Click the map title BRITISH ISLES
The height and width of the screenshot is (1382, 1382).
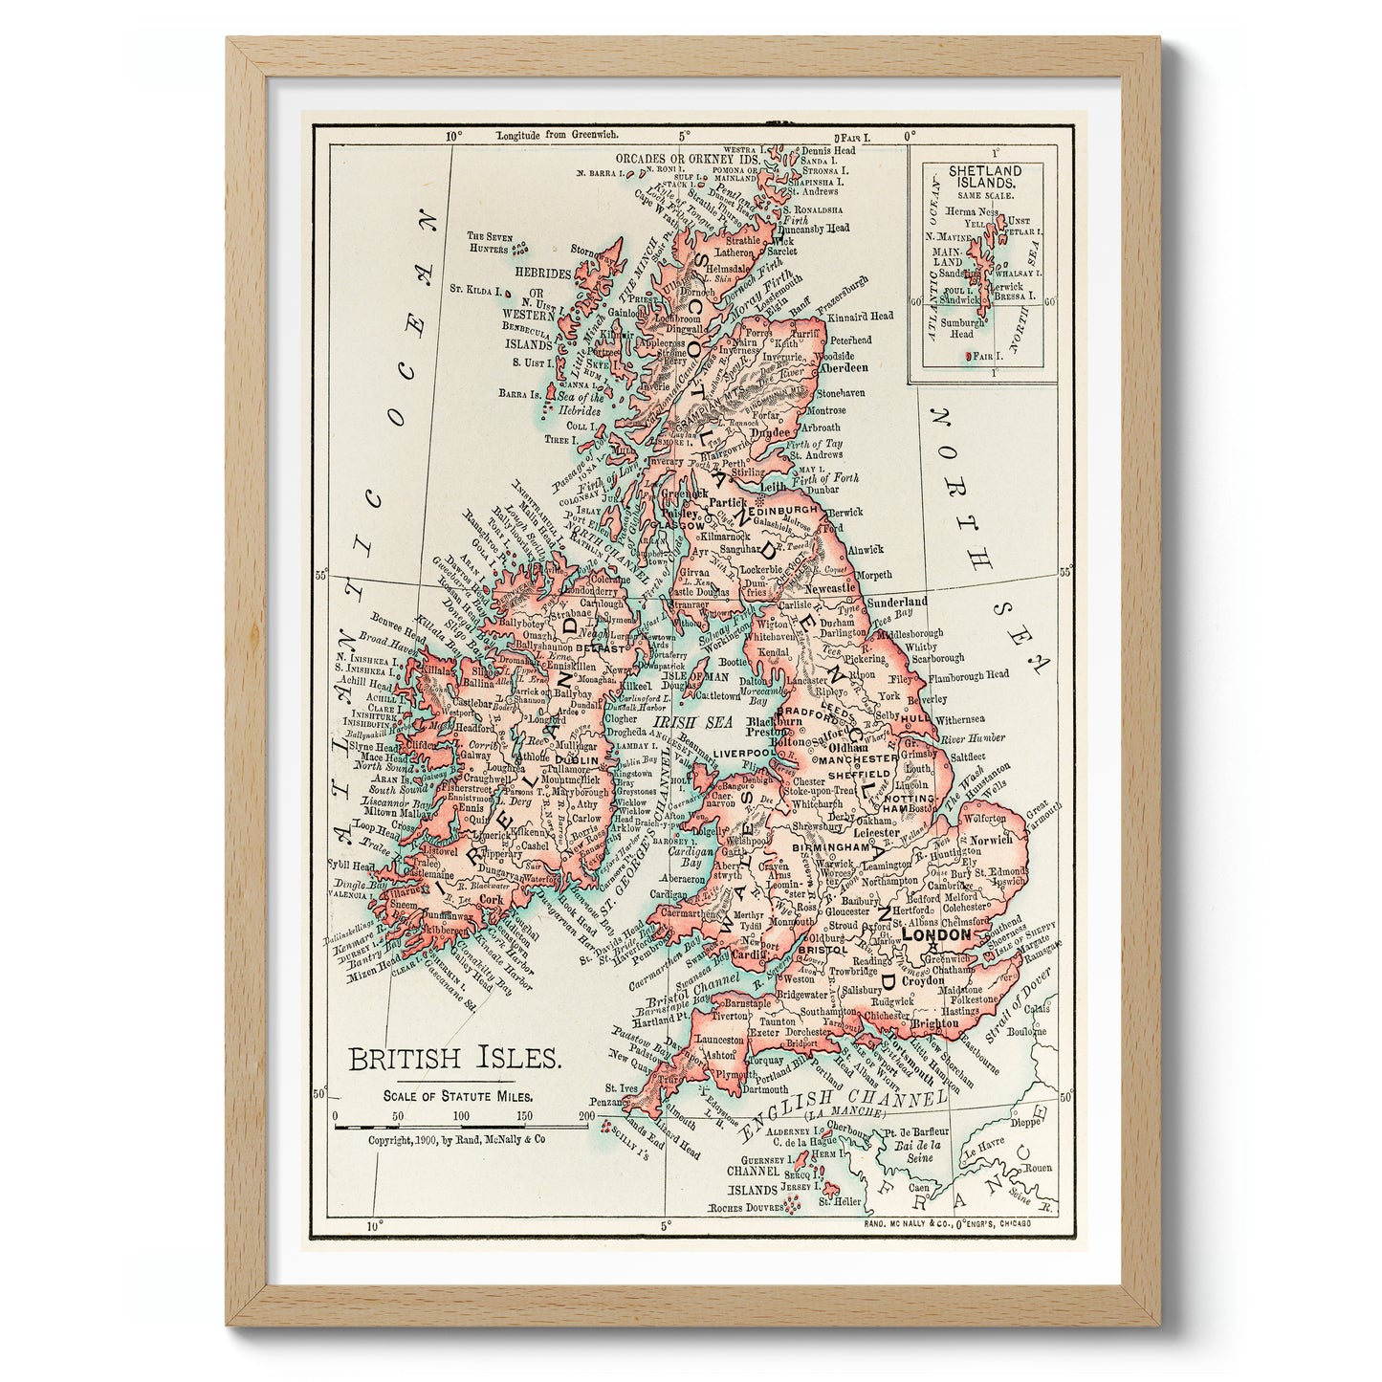(454, 1059)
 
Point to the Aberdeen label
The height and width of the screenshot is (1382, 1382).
(844, 367)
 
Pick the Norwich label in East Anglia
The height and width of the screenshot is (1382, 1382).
(990, 840)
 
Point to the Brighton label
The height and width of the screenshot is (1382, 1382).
(933, 1023)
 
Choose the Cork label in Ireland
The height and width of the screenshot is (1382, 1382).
(492, 900)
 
